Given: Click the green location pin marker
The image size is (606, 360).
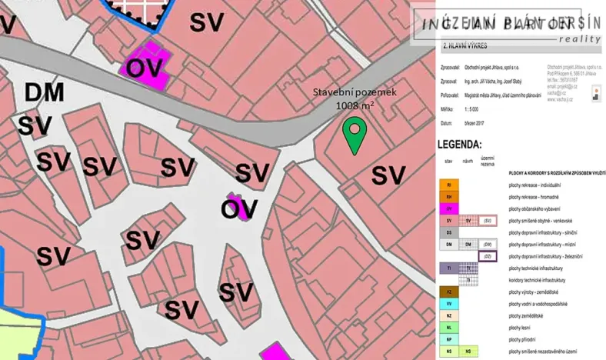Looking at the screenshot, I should pyautogui.click(x=353, y=134).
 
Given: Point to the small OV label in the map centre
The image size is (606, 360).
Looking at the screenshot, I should pyautogui.click(x=239, y=208).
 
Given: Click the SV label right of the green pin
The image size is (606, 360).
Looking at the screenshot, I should pyautogui.click(x=388, y=175).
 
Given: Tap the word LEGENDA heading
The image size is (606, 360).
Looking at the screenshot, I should pyautogui.click(x=459, y=145).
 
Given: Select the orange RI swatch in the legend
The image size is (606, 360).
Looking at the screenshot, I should pyautogui.click(x=448, y=185).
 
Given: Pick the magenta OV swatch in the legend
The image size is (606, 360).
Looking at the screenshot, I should pyautogui.click(x=448, y=208).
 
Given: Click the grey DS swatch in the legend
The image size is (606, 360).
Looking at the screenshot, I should pyautogui.click(x=448, y=232).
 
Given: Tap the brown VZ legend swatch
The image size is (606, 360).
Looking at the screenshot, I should pyautogui.click(x=448, y=292).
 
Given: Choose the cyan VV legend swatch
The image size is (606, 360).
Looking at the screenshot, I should pyautogui.click(x=448, y=304).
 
